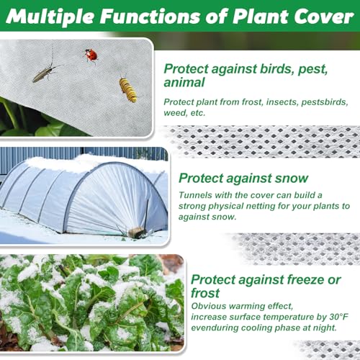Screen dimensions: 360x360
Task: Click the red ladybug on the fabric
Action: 91,55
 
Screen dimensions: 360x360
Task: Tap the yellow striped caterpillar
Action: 128,89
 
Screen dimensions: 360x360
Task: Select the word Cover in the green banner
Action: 324,17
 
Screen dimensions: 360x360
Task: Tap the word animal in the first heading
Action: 184,82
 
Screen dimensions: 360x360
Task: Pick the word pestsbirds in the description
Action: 325,102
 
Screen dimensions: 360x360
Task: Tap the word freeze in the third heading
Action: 302,279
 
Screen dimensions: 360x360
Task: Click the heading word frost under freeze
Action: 205,293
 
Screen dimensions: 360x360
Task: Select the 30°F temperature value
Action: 338,317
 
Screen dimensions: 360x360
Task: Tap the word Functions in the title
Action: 150,17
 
